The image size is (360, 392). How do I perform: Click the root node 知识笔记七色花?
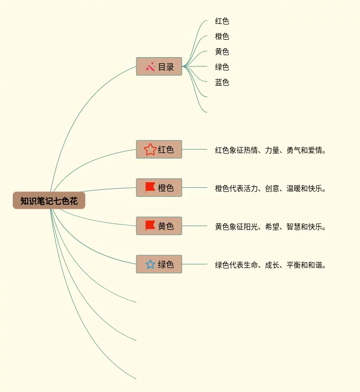click(49, 201)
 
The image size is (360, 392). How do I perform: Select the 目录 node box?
click(159, 66)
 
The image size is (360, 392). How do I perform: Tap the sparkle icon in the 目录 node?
click(150, 66)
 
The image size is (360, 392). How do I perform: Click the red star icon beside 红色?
click(150, 150)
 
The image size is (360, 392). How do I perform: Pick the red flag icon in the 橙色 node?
click(150, 188)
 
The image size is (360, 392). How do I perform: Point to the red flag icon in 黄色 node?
click(150, 226)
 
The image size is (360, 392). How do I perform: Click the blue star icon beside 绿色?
click(150, 264)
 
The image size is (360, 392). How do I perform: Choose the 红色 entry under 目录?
click(222, 21)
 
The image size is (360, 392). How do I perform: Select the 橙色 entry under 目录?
click(222, 37)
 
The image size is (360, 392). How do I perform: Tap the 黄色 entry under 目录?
click(222, 52)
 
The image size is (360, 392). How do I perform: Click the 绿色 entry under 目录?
click(222, 67)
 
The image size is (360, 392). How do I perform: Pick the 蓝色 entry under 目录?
click(222, 83)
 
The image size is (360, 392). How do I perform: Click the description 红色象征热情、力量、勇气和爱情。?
click(271, 150)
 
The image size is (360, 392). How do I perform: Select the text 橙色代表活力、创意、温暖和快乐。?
click(271, 188)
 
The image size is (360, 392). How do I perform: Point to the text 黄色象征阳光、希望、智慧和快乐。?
click(271, 227)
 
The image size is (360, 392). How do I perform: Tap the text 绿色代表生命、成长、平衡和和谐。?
click(271, 265)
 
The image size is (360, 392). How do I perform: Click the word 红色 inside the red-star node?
click(166, 150)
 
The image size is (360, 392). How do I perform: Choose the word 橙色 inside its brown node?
click(166, 188)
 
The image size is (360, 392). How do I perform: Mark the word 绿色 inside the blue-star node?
click(166, 264)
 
